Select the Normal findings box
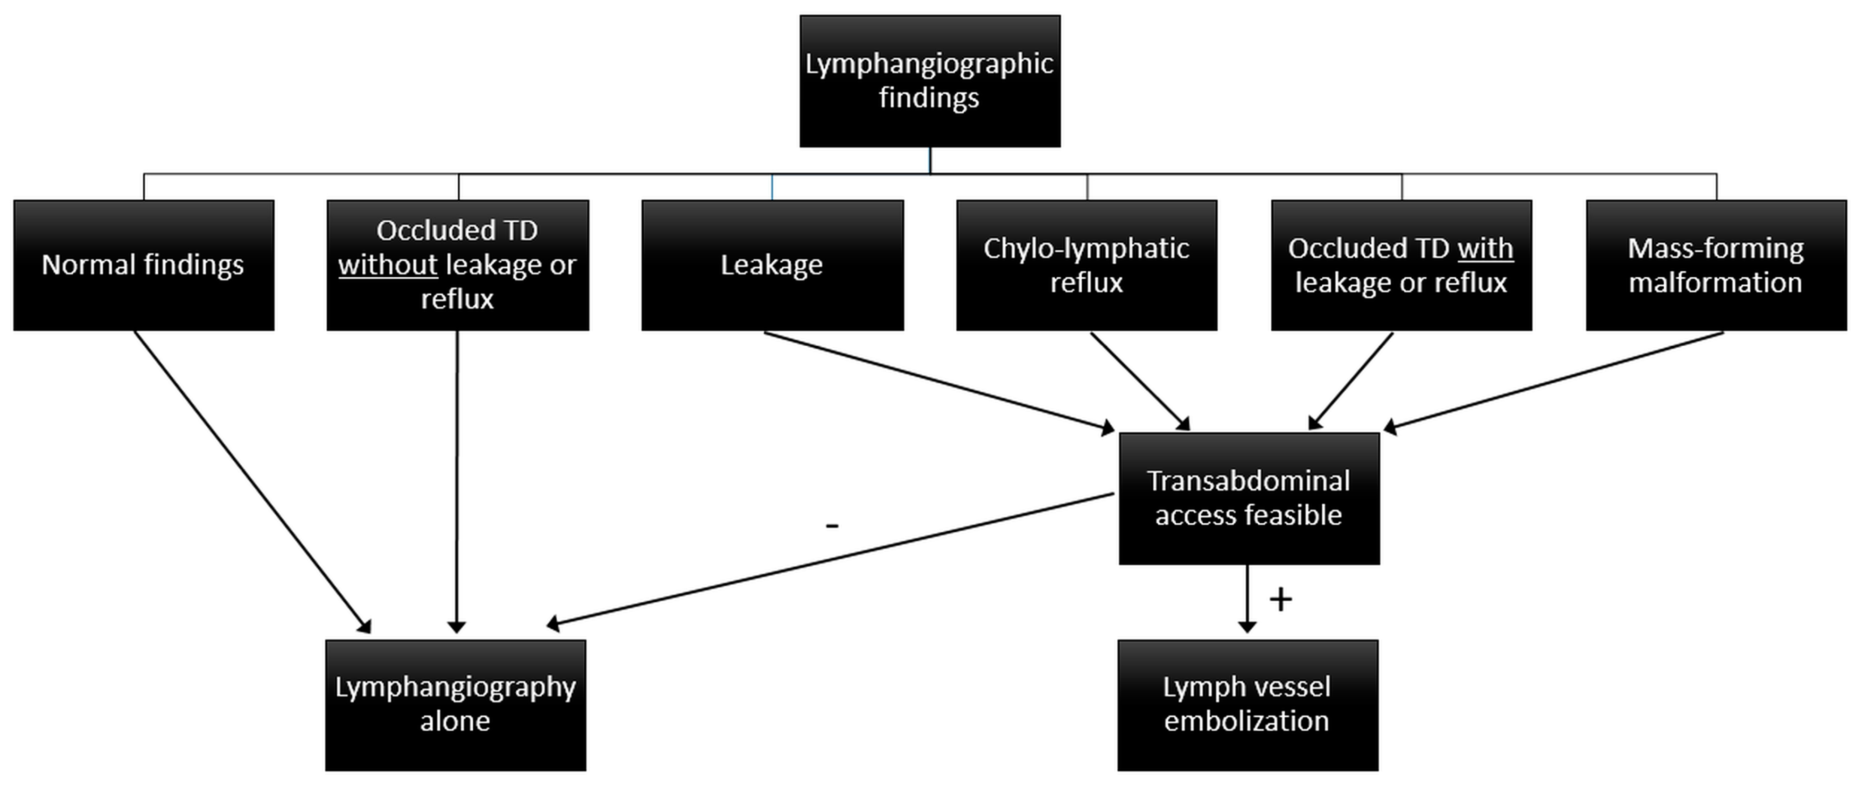click(x=143, y=265)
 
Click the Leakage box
click(x=772, y=265)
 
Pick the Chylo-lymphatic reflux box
click(x=1086, y=265)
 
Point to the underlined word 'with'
click(x=1485, y=248)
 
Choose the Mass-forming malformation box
click(x=1716, y=265)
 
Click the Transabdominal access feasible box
click(x=1248, y=498)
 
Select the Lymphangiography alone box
click(x=455, y=704)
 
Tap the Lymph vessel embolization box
click(x=1247, y=704)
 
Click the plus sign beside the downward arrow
click(x=1280, y=599)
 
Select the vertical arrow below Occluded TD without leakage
click(x=456, y=483)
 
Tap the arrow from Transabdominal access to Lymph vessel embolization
click(x=1247, y=598)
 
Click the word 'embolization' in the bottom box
click(x=1247, y=721)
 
